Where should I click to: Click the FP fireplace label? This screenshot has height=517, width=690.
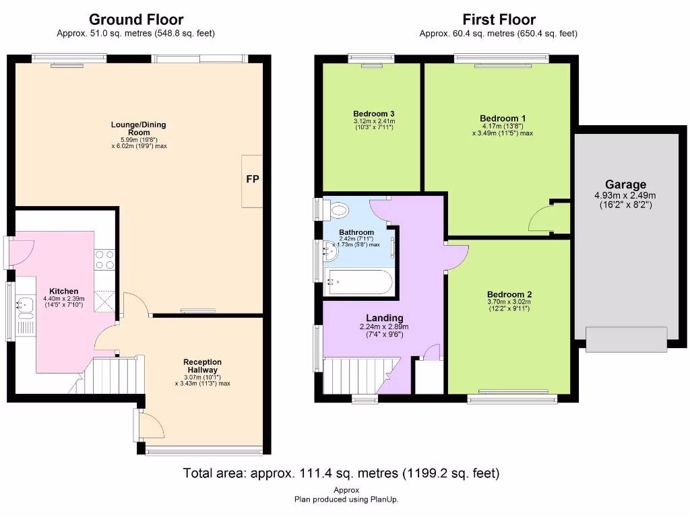[x=253, y=179]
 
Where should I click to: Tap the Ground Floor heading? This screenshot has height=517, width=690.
[x=136, y=20]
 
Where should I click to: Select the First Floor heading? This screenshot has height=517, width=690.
[x=499, y=20]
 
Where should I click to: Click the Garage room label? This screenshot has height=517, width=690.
[x=625, y=184]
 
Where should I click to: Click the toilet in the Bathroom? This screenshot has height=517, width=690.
[x=337, y=209]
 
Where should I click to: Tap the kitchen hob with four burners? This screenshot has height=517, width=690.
[x=104, y=259]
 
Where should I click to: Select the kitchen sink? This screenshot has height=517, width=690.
[x=26, y=304]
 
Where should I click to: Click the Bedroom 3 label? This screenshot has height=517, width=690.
[x=373, y=114]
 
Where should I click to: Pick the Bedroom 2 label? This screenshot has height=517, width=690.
[x=509, y=295]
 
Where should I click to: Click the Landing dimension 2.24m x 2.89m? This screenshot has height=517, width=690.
[x=384, y=326]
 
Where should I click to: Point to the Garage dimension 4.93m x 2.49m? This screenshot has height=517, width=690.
[x=625, y=195]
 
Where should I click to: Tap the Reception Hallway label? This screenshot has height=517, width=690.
[x=202, y=366]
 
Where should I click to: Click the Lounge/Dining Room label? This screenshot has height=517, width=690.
[x=139, y=129]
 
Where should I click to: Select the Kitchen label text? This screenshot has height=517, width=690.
[x=64, y=291]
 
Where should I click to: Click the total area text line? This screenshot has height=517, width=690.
[x=341, y=473]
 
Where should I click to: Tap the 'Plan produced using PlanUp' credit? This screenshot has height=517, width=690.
[x=346, y=499]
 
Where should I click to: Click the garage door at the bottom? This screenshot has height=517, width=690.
[x=626, y=339]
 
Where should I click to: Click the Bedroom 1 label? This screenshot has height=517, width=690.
[x=503, y=118]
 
